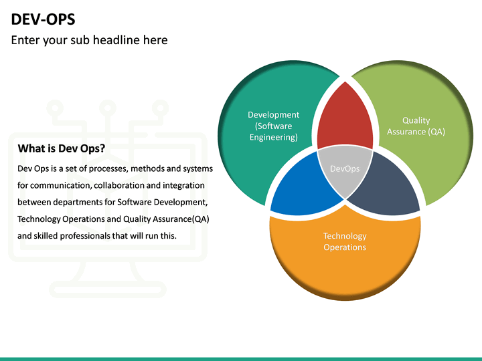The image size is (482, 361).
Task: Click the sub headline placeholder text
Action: point(89,40)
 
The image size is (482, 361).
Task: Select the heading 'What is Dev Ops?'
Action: point(61,148)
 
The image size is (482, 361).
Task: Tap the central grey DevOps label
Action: point(345,168)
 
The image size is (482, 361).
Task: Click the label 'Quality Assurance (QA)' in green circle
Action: point(416,126)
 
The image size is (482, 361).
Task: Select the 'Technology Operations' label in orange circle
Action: point(345,241)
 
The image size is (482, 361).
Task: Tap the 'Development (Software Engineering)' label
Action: point(273,126)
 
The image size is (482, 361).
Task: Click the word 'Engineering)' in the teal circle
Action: point(273,137)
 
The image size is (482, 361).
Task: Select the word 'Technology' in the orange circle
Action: point(345,236)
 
